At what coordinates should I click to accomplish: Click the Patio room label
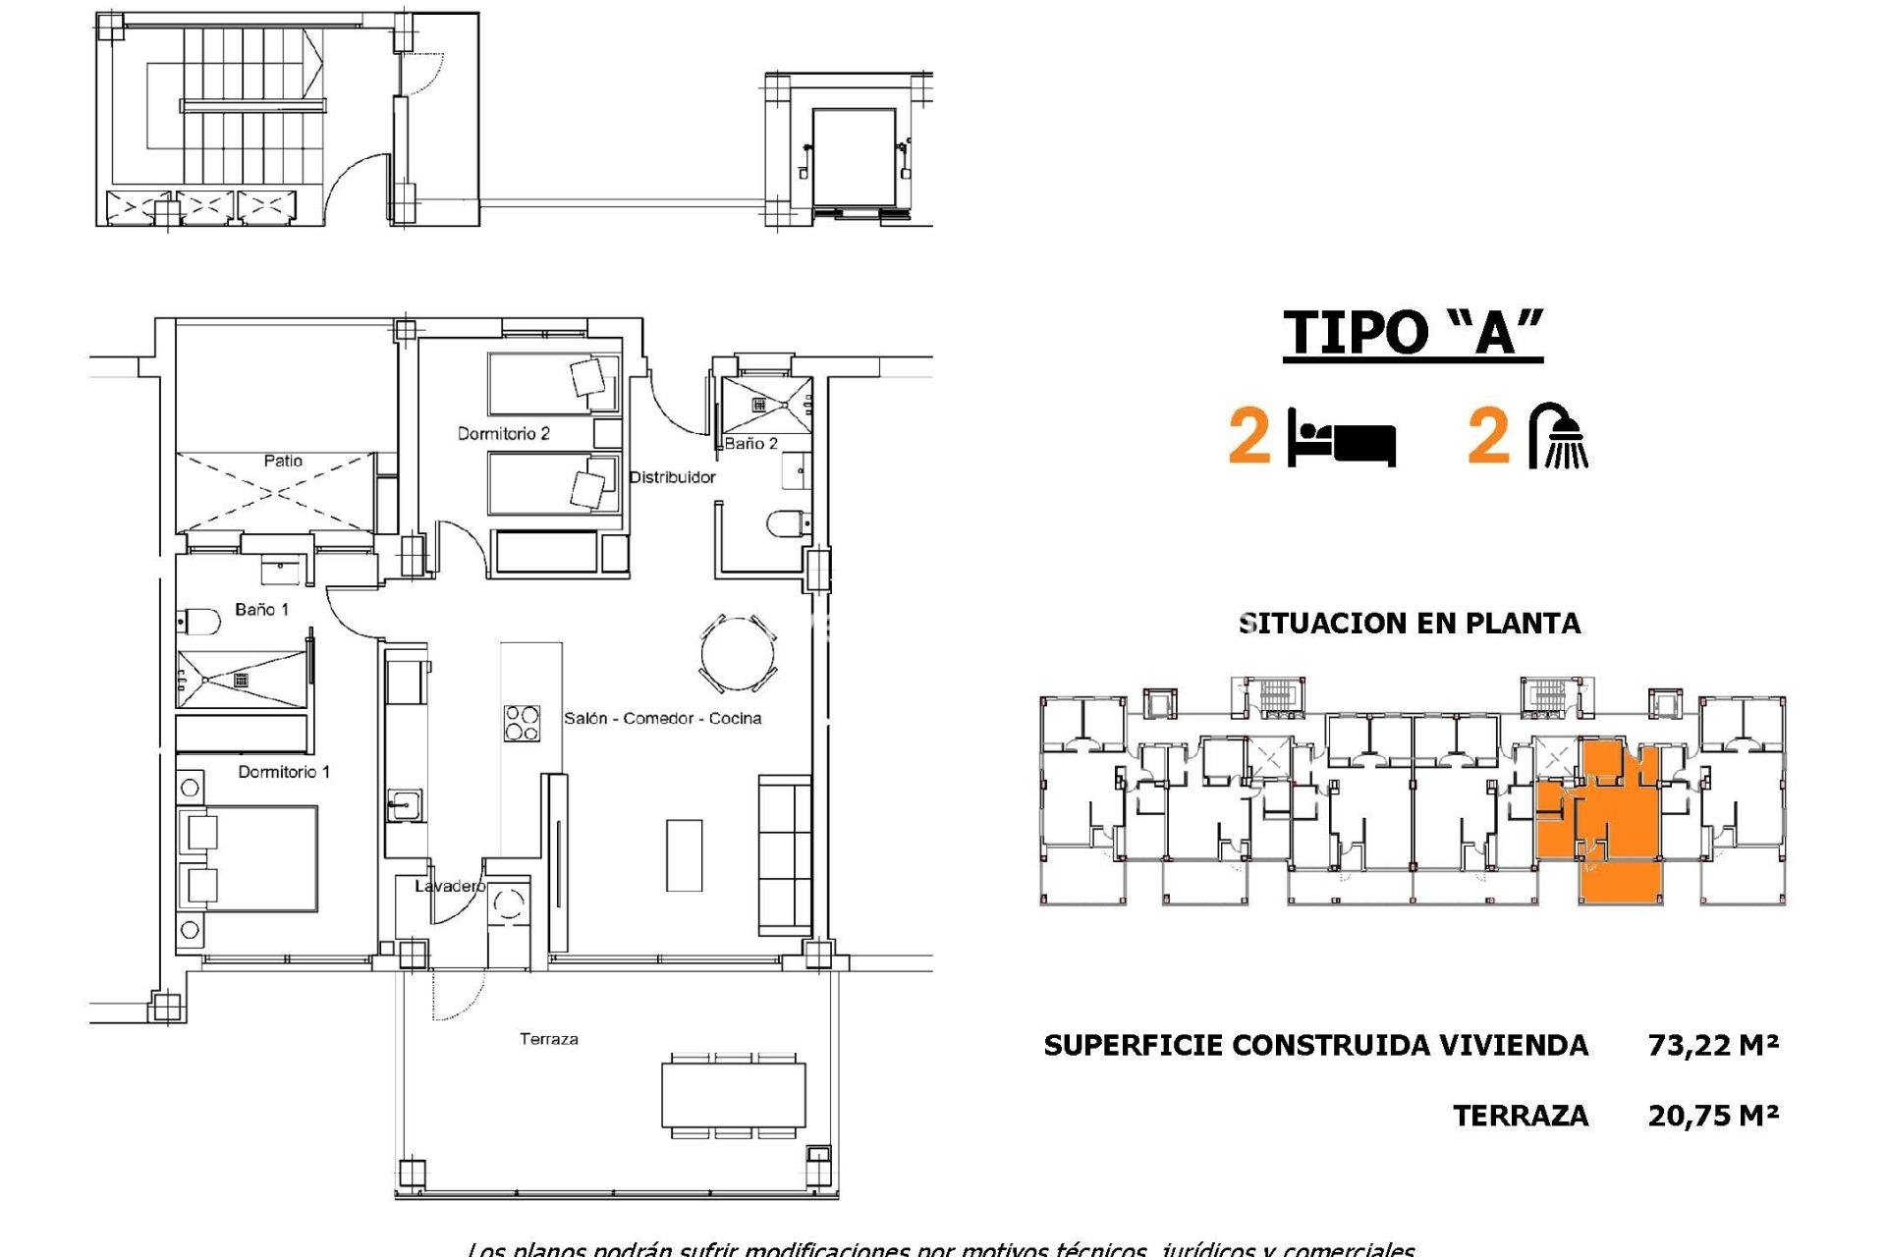(283, 461)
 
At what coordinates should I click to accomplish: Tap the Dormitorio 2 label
(503, 434)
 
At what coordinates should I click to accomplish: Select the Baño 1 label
(262, 610)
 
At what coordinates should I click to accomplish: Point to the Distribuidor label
(672, 477)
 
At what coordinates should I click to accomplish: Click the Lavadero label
(449, 887)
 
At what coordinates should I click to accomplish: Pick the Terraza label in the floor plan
(549, 1039)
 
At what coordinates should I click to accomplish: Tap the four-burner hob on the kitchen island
(521, 724)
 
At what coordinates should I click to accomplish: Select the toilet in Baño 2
(786, 523)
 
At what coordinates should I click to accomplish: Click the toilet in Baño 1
(199, 622)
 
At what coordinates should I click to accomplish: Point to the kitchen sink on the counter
(404, 805)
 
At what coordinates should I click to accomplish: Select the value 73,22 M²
(1713, 1045)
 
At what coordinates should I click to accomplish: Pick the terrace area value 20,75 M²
(1713, 1116)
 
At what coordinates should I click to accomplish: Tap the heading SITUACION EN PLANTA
(1410, 624)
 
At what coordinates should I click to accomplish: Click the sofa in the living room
(784, 854)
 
